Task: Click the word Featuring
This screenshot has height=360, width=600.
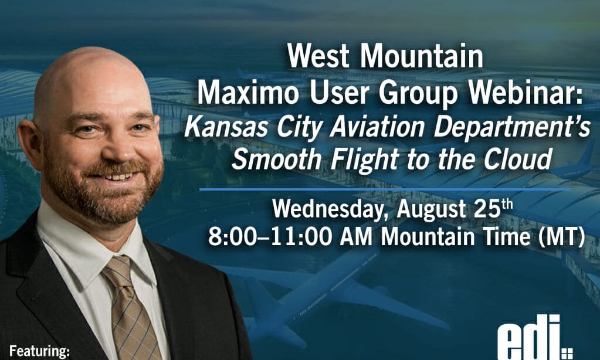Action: point(39,351)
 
